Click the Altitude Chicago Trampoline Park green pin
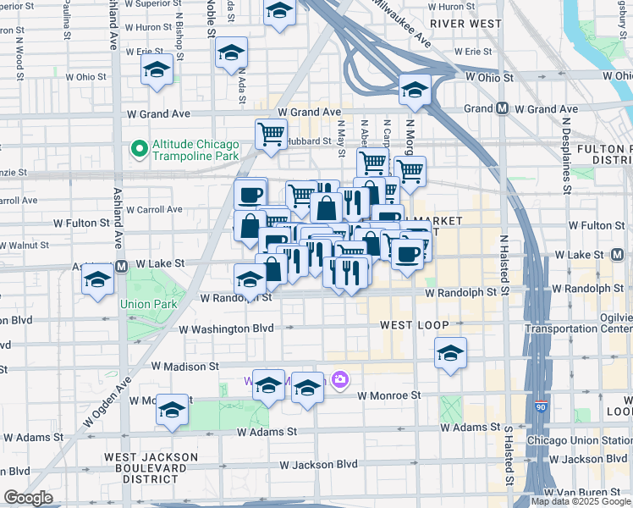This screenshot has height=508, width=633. coord(139,149)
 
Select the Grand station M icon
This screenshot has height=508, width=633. coord(503,108)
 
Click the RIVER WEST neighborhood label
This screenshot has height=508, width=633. coord(465,24)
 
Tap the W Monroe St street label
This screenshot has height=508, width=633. coord(388,395)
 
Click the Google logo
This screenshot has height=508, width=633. coord(28,498)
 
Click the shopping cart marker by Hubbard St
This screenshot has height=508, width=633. coord(271,133)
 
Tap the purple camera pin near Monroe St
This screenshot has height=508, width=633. coord(340,380)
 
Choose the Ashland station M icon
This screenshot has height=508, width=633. coord(121,266)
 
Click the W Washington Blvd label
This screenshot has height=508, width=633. coord(227,328)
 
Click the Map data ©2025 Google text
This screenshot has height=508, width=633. coord(580,501)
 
